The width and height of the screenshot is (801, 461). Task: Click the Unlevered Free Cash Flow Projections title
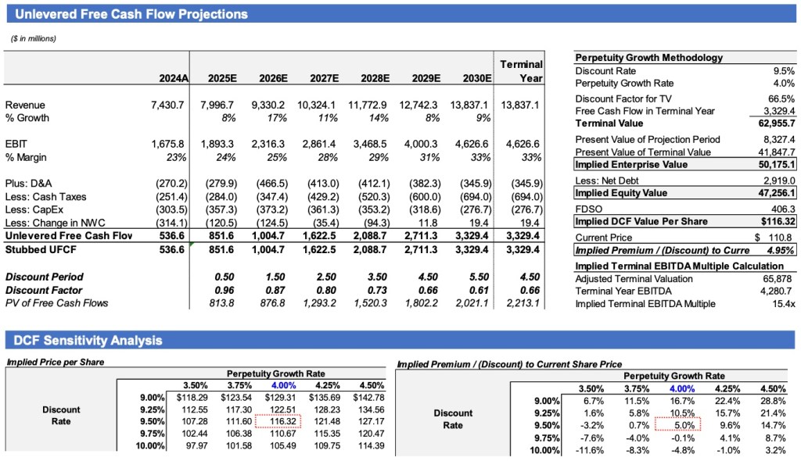tap(131, 14)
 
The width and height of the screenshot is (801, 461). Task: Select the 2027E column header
tap(324, 78)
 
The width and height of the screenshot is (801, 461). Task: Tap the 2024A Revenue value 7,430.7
tap(167, 105)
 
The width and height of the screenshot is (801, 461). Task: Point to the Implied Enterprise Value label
tap(631, 165)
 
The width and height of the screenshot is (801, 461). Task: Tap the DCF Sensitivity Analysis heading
tap(88, 340)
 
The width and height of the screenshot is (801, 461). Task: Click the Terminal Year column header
tap(520, 70)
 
